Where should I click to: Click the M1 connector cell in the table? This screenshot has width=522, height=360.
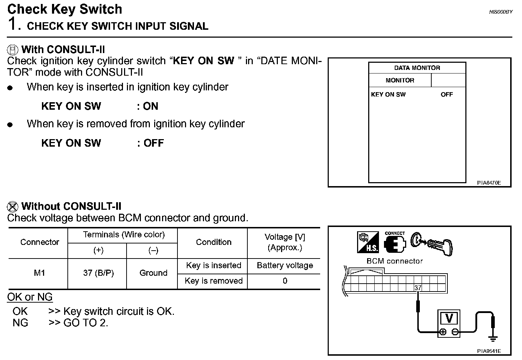(39, 273)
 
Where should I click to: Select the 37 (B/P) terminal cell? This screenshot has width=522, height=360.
(98, 273)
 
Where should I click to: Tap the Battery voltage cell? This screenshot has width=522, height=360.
(285, 265)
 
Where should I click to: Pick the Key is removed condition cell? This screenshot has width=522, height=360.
(214, 281)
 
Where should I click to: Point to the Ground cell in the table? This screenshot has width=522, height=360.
(153, 273)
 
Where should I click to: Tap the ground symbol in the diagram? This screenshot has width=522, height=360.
(493, 338)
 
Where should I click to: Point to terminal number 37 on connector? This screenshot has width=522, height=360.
(418, 288)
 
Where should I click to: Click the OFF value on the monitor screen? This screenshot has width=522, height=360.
(447, 95)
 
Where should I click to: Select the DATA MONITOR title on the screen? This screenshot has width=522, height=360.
(417, 68)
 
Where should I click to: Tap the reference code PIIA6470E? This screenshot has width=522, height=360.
(489, 183)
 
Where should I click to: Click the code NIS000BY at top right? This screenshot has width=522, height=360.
(501, 12)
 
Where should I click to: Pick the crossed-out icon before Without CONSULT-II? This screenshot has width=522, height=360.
(13, 206)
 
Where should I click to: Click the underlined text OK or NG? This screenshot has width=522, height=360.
(30, 297)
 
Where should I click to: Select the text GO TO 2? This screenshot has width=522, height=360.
(86, 323)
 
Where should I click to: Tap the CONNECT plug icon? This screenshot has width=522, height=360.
(395, 243)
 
